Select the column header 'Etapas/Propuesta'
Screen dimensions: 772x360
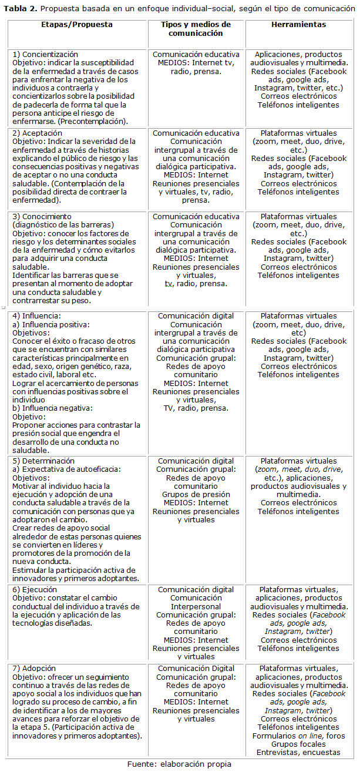tap(76, 25)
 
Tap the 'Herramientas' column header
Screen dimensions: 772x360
tap(298, 25)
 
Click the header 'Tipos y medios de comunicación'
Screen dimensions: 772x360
tap(196, 29)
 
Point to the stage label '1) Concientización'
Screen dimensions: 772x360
tap(45, 55)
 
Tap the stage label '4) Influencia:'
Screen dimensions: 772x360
tap(36, 316)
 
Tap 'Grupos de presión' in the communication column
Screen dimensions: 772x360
tap(196, 495)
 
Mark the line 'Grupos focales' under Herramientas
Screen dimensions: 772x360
tap(298, 743)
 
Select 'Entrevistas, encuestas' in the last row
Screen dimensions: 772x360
tap(298, 752)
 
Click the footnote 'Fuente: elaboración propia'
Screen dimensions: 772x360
tap(180, 764)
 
